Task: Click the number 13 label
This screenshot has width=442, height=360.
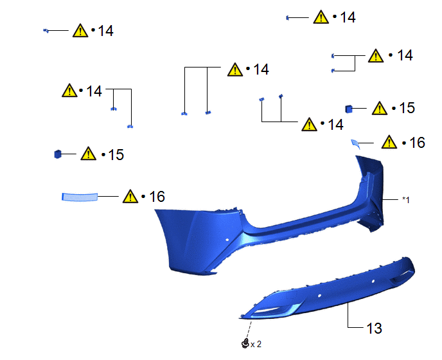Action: tap(374, 328)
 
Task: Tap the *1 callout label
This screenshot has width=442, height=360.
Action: tap(405, 200)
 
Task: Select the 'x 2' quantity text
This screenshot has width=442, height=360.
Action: tap(256, 344)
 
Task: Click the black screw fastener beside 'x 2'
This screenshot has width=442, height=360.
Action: tap(245, 343)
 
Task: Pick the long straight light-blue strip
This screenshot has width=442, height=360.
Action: tap(80, 197)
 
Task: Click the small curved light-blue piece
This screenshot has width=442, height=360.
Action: tap(356, 144)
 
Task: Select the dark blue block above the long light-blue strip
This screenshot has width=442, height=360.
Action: tap(58, 154)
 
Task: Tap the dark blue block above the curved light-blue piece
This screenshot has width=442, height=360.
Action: tap(349, 109)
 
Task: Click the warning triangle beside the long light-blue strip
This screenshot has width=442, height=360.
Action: tap(130, 196)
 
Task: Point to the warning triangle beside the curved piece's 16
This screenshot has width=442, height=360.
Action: tap(389, 142)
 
